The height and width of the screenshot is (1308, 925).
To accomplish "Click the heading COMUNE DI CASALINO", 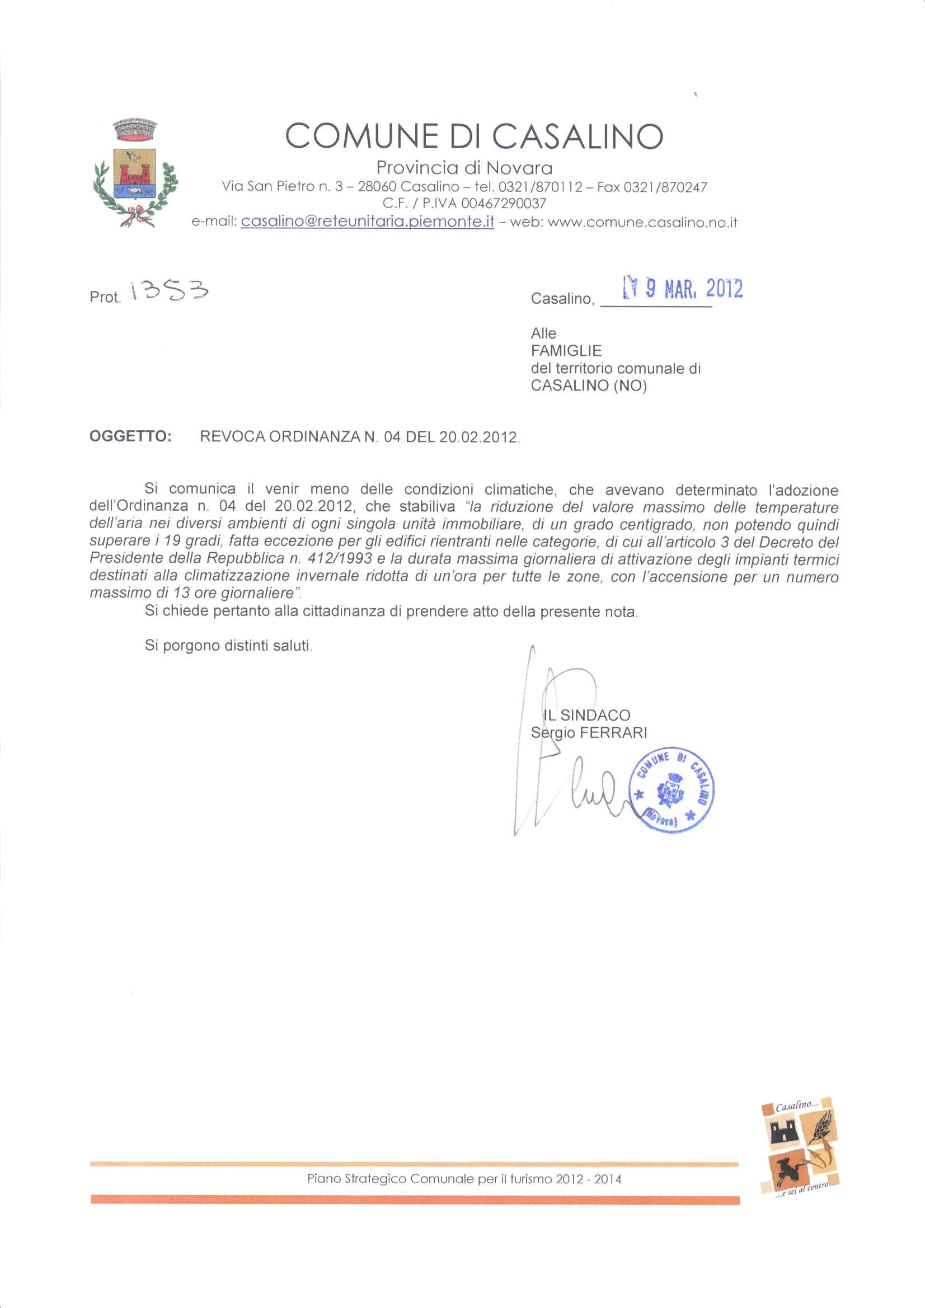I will tap(474, 136).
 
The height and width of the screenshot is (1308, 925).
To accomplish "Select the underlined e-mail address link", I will tap(367, 222).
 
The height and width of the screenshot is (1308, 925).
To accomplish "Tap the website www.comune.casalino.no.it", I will tap(642, 223).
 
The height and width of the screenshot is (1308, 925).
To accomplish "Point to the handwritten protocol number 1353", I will tap(169, 291).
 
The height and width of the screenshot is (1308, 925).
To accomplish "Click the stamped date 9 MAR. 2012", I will tap(684, 289).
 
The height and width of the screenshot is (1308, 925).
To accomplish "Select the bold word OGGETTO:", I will tap(130, 436).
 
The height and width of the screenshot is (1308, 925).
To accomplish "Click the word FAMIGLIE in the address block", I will tap(566, 350).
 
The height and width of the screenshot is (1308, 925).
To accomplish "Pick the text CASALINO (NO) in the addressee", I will tap(589, 385).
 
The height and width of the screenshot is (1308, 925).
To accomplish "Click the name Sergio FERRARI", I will tap(589, 733).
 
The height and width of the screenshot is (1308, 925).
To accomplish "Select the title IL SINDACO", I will tap(586, 715).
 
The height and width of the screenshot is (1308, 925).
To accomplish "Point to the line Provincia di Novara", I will tap(464, 168).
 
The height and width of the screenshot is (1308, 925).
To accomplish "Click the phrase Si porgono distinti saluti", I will tap(228, 646).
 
